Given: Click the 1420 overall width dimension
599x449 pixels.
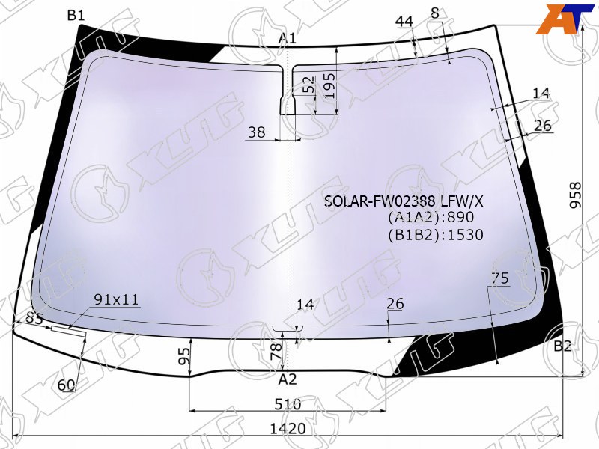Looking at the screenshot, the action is click(x=288, y=429).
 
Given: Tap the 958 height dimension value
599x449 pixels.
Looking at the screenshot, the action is click(x=575, y=195).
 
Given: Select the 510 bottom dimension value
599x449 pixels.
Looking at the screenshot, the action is click(x=288, y=404).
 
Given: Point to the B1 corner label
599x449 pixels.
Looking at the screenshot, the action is click(x=76, y=16).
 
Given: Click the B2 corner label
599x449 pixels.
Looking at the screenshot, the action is click(x=562, y=346).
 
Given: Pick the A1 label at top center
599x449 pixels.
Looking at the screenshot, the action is click(x=288, y=38).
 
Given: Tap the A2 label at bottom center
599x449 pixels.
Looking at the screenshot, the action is click(x=288, y=379).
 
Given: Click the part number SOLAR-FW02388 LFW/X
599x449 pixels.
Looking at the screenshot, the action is click(x=404, y=201).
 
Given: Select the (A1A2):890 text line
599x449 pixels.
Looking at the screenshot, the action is click(x=431, y=217).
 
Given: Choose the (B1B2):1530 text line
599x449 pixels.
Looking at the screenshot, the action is click(x=436, y=234).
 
